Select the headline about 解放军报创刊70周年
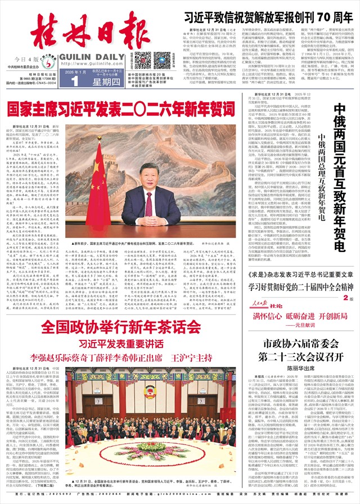pyautogui.click(x=268, y=15)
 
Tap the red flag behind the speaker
pyautogui.click(x=98, y=180)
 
